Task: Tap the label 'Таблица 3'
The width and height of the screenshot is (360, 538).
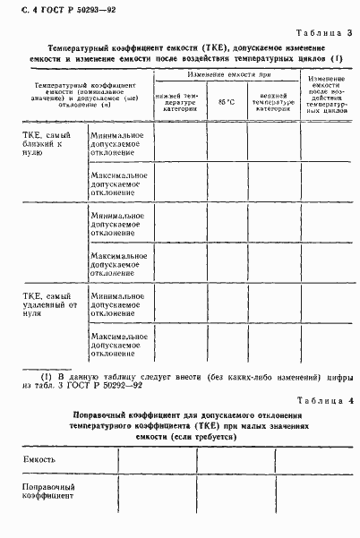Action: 326,33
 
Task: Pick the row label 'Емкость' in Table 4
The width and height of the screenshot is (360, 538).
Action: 39,460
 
